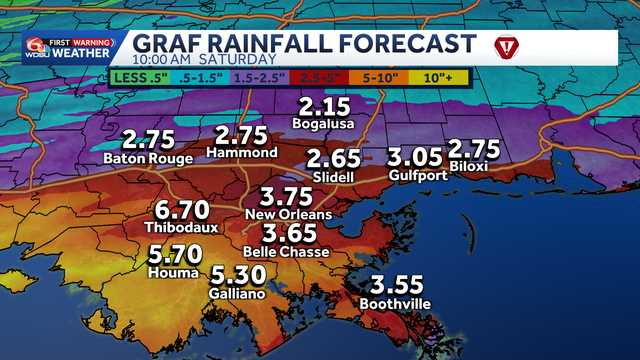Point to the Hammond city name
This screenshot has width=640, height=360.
[241, 153]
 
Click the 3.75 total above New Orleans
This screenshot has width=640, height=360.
[288, 197]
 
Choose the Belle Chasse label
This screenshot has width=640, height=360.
[288, 252]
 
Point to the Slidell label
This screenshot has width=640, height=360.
[332, 177]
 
